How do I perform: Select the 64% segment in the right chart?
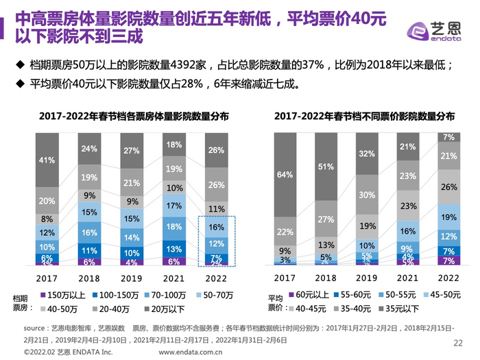285,175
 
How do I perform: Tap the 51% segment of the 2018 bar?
326,166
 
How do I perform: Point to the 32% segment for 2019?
368,153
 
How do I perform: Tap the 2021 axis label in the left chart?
174,277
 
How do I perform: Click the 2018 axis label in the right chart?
327,277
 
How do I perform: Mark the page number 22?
459,344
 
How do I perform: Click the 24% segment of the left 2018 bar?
88,149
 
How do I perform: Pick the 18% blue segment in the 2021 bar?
174,226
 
